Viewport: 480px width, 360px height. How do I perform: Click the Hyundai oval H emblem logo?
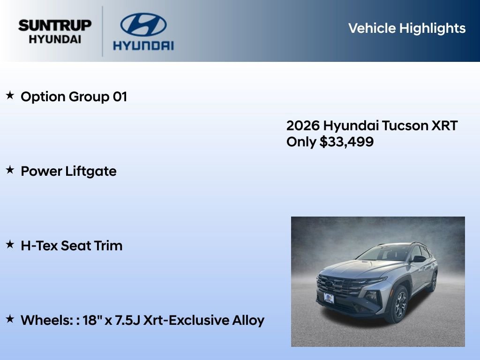(x=143, y=25)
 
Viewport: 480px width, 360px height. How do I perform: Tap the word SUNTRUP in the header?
(x=55, y=25)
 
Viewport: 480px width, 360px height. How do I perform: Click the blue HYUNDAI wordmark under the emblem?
(x=143, y=45)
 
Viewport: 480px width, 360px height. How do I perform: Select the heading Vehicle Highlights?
(x=407, y=28)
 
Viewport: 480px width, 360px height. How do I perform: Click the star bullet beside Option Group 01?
(x=10, y=96)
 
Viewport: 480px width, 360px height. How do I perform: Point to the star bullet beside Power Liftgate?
(x=10, y=170)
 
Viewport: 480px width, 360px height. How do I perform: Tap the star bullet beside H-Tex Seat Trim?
(x=10, y=244)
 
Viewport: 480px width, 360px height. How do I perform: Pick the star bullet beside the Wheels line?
(x=10, y=319)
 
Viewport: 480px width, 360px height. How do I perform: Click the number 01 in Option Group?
(x=120, y=97)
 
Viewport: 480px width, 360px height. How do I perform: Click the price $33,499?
(x=346, y=142)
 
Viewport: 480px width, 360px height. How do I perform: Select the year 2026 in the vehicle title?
(x=303, y=126)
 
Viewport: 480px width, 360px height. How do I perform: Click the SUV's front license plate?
(x=329, y=298)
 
